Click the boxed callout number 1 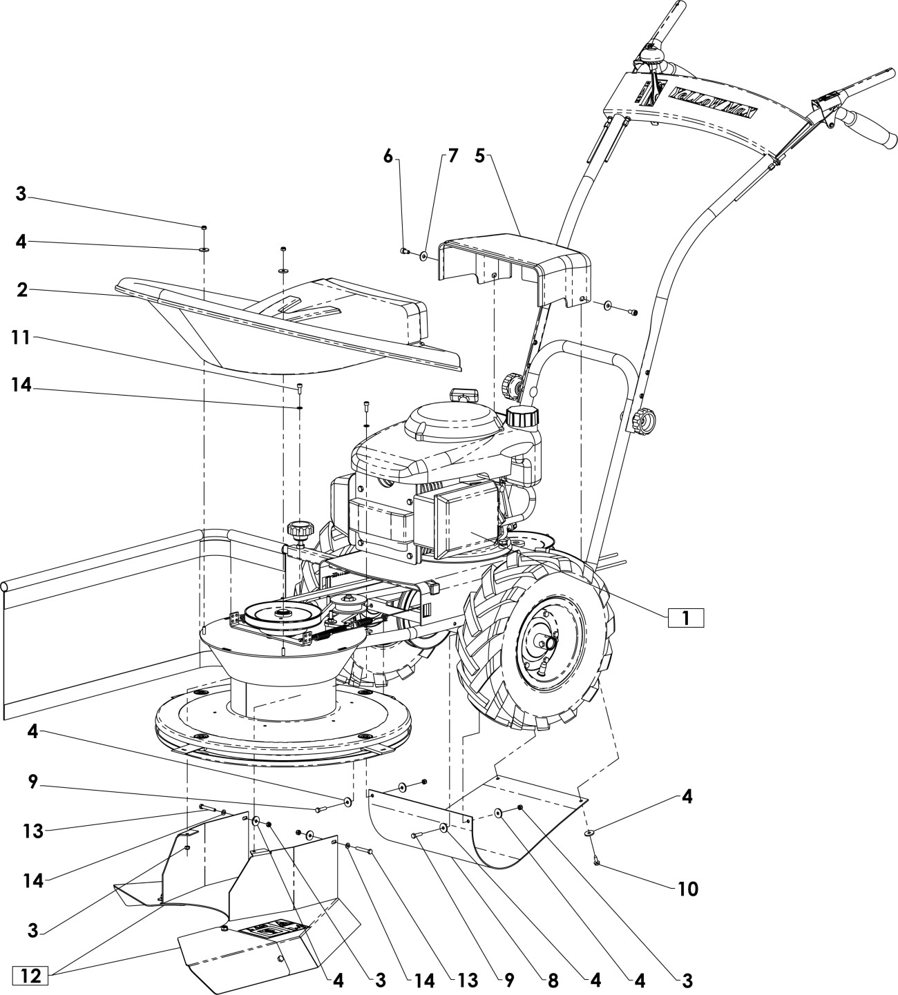coord(685,618)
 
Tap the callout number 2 coord(22,290)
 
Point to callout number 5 coord(479,156)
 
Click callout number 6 coord(388,156)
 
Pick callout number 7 coord(452,156)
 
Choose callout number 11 coord(21,338)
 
